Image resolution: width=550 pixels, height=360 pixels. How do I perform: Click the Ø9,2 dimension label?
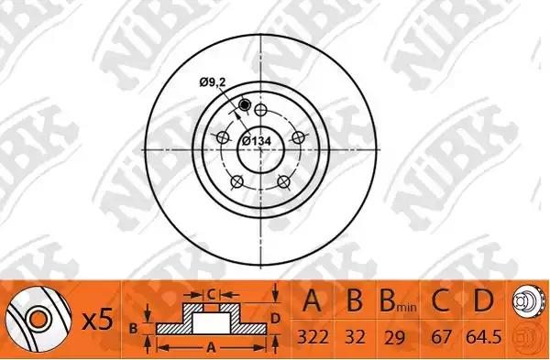click(x=213, y=82)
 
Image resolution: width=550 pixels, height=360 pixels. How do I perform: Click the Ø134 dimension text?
click(x=257, y=141)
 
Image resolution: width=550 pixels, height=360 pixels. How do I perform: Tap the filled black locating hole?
click(x=244, y=104)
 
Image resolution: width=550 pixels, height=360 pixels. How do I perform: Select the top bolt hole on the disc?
click(x=260, y=110)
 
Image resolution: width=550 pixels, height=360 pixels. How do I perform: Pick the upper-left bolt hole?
click(x=223, y=137)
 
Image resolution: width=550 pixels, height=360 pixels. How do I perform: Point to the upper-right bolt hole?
click(x=299, y=137)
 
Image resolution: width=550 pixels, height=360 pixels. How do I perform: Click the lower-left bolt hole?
click(x=237, y=181)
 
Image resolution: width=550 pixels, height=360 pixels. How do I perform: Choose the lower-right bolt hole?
click(x=284, y=181)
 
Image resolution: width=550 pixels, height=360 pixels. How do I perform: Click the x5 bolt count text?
click(x=98, y=320)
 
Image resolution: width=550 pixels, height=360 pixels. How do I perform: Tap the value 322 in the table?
click(x=313, y=337)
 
